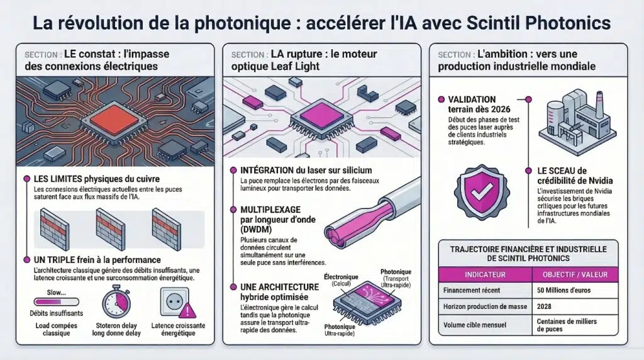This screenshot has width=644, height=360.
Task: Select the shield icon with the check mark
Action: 481,193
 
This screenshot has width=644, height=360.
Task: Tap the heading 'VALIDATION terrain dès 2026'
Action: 472,104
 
